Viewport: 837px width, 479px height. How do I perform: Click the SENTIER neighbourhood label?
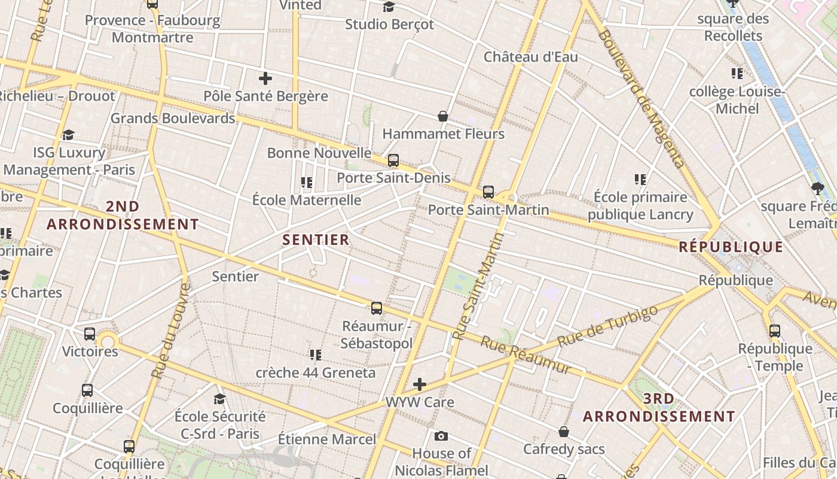pyautogui.click(x=316, y=240)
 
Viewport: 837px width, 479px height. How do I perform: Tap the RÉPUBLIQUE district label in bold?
pyautogui.click(x=731, y=247)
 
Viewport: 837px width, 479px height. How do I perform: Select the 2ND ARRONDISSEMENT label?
pyautogui.click(x=123, y=216)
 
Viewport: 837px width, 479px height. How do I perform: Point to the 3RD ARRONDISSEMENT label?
pyautogui.click(x=659, y=407)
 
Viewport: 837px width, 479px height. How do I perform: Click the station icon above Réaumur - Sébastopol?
pyautogui.click(x=376, y=308)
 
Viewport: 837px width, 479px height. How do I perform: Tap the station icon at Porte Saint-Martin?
pyautogui.click(x=488, y=192)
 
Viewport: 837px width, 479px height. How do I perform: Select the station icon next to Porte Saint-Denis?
pyautogui.click(x=393, y=160)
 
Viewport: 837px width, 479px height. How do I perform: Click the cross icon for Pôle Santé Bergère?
pyautogui.click(x=265, y=78)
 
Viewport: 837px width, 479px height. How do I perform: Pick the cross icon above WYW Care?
pyautogui.click(x=420, y=384)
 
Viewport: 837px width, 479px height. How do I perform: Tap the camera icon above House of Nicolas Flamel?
pyautogui.click(x=441, y=436)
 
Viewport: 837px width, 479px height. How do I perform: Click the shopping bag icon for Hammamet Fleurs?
pyautogui.click(x=443, y=116)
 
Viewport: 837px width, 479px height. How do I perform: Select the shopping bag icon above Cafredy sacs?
pyautogui.click(x=563, y=432)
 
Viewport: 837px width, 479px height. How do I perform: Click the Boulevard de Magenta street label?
pyautogui.click(x=640, y=99)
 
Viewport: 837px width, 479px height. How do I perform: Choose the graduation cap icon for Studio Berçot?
pyautogui.click(x=389, y=7)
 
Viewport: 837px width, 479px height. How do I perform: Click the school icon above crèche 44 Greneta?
pyautogui.click(x=315, y=355)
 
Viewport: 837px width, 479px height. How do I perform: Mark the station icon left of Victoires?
pyautogui.click(x=89, y=334)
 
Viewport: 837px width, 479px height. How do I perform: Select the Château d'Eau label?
pyautogui.click(x=530, y=57)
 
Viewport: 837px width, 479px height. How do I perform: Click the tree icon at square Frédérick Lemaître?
pyautogui.click(x=817, y=189)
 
